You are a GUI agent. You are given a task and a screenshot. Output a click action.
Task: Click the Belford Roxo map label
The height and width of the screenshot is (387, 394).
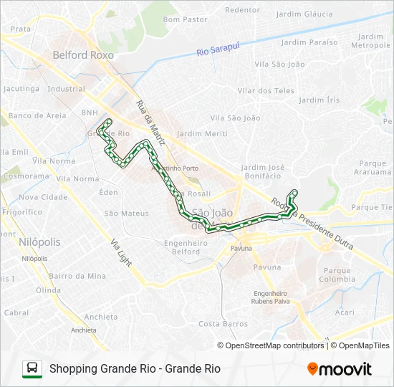tap(80, 54)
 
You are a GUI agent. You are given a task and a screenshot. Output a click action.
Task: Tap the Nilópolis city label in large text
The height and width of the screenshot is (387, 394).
tap(40, 243)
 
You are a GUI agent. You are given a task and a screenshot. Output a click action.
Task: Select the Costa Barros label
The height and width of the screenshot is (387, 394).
tap(223, 324)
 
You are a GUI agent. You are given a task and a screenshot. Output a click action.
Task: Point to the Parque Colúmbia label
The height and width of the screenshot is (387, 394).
tap(337, 275)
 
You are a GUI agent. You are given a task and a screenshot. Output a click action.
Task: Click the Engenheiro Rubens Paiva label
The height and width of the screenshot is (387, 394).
tap(270, 297)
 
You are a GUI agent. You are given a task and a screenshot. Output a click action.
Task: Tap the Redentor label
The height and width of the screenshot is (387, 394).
tap(242, 10)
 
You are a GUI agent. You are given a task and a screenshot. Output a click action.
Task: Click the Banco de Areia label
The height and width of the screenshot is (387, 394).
tap(37, 115)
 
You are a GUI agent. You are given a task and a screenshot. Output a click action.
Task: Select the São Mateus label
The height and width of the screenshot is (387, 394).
tap(127, 213)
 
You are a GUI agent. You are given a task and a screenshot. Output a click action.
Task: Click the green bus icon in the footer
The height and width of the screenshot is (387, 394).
tap(32, 368)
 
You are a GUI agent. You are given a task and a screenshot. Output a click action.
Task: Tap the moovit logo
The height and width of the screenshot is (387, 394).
tap(339, 369)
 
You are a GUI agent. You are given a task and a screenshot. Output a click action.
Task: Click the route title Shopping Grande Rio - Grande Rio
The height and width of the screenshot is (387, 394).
tap(135, 369)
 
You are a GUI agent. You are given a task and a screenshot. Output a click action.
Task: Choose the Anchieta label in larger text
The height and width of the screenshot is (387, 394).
tap(100, 317)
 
